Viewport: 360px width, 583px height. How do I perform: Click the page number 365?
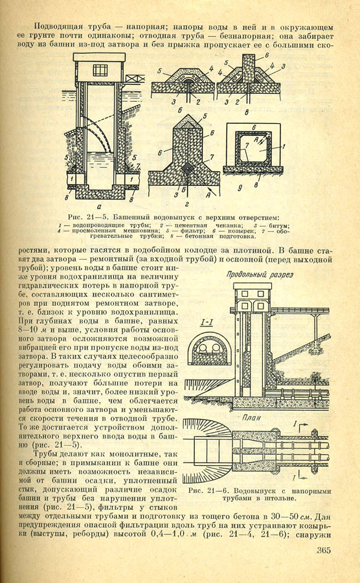pos(324,550)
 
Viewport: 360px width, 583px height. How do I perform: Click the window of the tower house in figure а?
pos(100,70)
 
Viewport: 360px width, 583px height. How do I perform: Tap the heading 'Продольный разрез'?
pos(260,275)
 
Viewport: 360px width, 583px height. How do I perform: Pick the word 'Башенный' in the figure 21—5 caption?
pos(129,217)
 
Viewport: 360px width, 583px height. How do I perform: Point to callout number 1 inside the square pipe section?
pos(283,147)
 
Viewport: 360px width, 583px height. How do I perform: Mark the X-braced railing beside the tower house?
pos(135,78)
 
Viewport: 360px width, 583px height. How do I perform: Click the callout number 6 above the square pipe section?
pos(254,127)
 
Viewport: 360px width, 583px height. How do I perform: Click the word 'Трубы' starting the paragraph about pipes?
pos(45,454)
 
